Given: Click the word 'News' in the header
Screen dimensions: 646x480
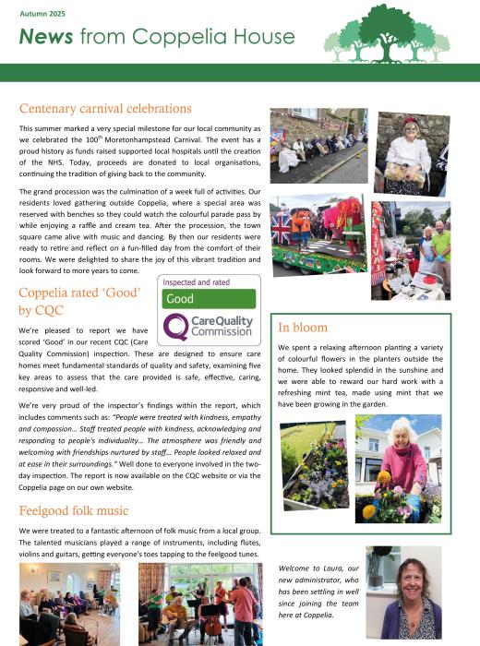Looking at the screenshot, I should [45, 37].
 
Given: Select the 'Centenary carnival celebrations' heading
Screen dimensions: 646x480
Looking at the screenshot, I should [107, 108].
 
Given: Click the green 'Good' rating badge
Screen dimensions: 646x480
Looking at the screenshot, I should [209, 300].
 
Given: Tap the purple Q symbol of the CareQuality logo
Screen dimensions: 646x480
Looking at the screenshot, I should [176, 327].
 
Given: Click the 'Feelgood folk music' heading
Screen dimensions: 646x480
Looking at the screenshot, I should [74, 510].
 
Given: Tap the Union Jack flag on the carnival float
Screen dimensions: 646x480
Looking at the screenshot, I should [282, 228].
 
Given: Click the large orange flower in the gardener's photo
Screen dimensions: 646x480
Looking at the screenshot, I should [384, 478].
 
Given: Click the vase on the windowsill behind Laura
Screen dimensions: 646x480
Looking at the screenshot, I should [378, 562].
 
